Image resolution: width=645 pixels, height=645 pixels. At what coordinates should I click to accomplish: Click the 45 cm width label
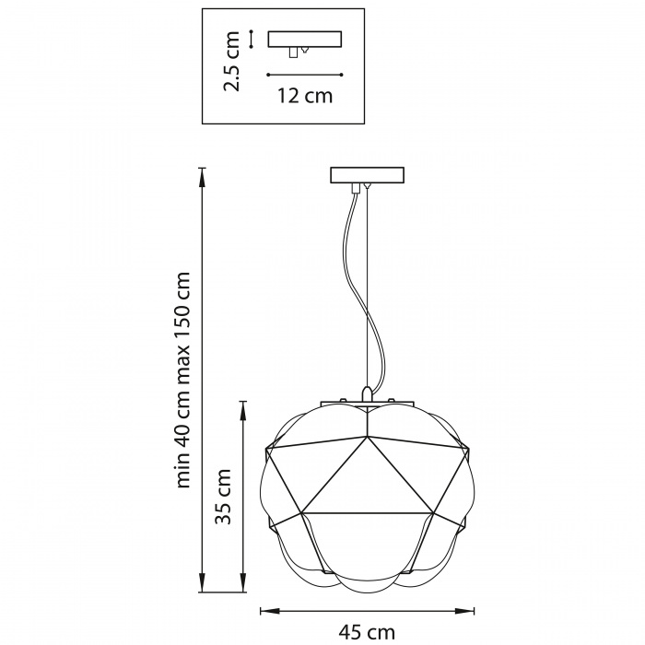pyautogui.click(x=367, y=631)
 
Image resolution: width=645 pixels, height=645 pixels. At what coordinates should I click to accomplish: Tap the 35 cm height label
pyautogui.click(x=224, y=496)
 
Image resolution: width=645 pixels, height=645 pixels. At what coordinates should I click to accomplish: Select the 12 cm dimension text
pyautogui.click(x=305, y=96)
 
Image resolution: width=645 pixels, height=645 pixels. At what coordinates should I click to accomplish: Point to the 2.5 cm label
pyautogui.click(x=230, y=61)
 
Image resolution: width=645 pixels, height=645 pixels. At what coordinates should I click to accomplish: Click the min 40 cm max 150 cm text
pyautogui.click(x=182, y=380)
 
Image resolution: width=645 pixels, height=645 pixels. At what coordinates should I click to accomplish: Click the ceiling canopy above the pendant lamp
pyautogui.click(x=368, y=175)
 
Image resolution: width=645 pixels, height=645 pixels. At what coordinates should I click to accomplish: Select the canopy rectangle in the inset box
pyautogui.click(x=304, y=39)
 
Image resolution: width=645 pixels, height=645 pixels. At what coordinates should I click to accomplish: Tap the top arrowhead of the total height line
pyautogui.click(x=202, y=177)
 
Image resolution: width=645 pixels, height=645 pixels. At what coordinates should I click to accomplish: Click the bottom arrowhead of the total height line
pyautogui.click(x=202, y=583)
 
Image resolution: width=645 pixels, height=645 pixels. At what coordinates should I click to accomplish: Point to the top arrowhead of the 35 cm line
pyautogui.click(x=243, y=410)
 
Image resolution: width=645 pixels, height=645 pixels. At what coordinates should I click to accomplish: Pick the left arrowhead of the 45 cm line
pyautogui.click(x=270, y=611)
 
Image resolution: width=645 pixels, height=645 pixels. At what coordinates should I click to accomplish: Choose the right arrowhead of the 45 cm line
pyautogui.click(x=464, y=611)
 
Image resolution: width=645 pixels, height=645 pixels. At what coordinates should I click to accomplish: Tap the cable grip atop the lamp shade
pyautogui.click(x=368, y=393)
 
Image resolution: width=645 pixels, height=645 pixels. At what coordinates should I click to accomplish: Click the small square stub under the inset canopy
pyautogui.click(x=293, y=53)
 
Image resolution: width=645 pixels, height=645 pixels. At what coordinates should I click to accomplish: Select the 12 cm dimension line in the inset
pyautogui.click(x=305, y=75)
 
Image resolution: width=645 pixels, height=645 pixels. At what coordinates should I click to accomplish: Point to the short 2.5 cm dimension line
pyautogui.click(x=251, y=39)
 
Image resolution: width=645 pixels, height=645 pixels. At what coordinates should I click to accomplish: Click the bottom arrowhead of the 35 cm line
pyautogui.click(x=243, y=583)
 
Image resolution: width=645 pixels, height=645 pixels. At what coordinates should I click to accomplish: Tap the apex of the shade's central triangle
pyautogui.click(x=367, y=437)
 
